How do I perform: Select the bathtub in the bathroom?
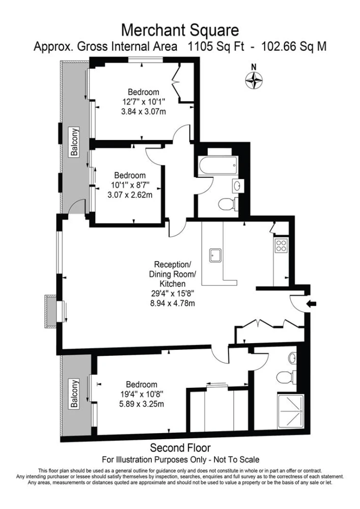coord(218,166)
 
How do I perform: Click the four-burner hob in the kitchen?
coord(281,246)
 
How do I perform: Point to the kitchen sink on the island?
coord(215,255)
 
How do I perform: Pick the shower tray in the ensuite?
coord(291,411)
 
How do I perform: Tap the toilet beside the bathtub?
coord(228,204)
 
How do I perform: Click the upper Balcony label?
coord(75,143)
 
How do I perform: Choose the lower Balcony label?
coord(75,394)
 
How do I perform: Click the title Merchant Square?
coord(180,30)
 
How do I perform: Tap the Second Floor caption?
coord(180,448)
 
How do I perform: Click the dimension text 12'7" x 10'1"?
coord(143,102)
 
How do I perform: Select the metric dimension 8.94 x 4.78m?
coord(172,303)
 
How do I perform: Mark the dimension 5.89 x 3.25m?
coord(141,404)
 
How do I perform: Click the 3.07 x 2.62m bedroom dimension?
coord(130,195)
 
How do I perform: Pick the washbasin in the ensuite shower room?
coord(292,358)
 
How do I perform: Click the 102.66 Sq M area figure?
coord(294,47)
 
